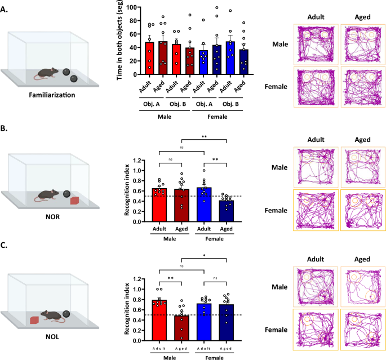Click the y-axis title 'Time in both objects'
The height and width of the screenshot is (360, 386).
pyautogui.click(x=120, y=41)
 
